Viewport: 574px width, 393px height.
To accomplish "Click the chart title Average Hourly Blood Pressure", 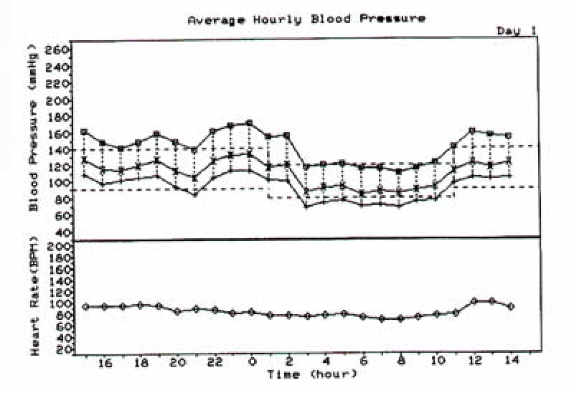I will (x=306, y=19).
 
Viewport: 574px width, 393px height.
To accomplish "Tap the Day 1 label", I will (x=516, y=31).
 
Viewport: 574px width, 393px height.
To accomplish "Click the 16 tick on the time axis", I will (x=105, y=364).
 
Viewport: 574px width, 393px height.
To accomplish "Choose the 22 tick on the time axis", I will (x=215, y=364).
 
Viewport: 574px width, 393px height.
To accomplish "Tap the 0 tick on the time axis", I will (x=252, y=364).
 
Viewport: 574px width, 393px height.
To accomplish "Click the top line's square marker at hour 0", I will (x=250, y=123).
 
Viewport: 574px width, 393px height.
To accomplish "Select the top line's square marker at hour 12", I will (x=472, y=131).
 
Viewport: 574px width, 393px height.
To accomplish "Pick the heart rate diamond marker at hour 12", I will (x=472, y=301).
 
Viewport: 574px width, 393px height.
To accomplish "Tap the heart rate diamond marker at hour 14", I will (x=509, y=306).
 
